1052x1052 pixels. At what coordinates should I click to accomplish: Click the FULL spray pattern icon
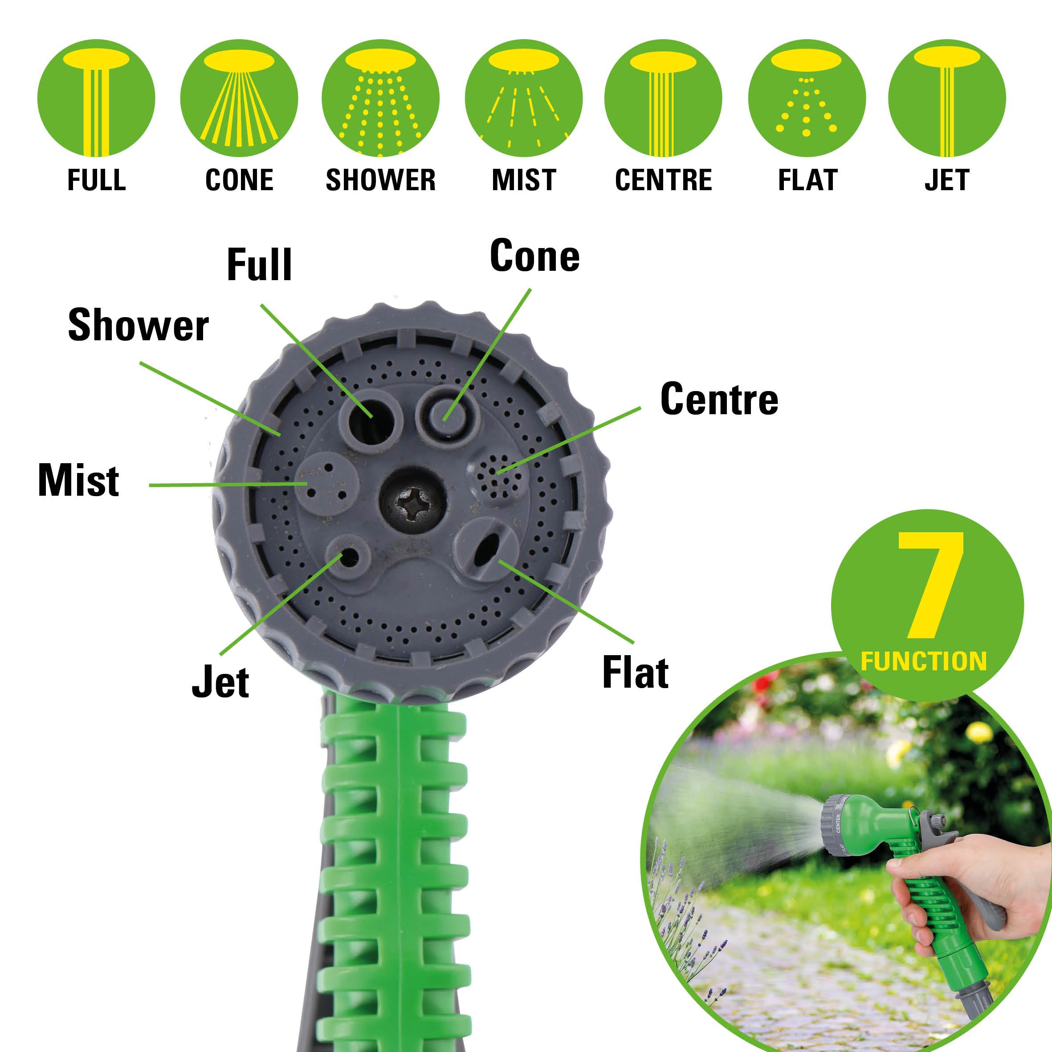pos(96,98)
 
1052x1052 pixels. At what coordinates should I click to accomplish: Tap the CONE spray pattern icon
pos(239,98)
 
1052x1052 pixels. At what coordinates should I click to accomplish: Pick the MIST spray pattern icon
pos(523,98)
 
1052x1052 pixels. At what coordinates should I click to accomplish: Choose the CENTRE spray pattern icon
pos(663,98)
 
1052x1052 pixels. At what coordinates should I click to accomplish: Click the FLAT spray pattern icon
pos(807,98)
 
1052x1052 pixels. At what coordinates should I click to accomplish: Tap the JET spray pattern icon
pos(947,98)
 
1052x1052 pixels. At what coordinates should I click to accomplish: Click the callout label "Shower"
pos(139,326)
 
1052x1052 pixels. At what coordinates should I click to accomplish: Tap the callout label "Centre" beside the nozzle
pos(719,399)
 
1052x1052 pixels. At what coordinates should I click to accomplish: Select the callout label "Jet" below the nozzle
pos(220,682)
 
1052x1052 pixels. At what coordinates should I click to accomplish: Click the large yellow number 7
pos(932,585)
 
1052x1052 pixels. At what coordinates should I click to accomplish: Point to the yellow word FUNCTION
pos(923,661)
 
